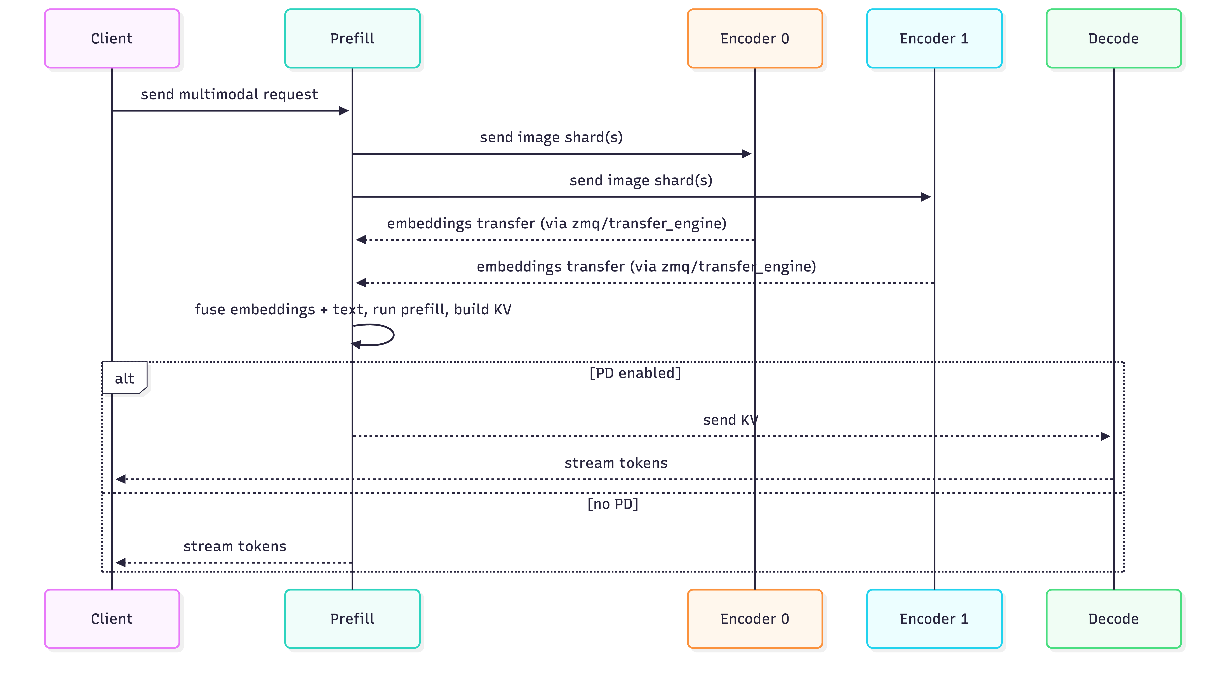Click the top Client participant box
tap(112, 39)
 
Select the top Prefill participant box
tap(352, 39)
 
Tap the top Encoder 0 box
tap(755, 39)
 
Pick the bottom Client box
tap(112, 619)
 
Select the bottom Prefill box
tap(352, 619)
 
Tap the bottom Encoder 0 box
tap(755, 619)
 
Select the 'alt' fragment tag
tap(124, 378)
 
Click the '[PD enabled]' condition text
tap(635, 373)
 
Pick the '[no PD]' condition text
tap(613, 504)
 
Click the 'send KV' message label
tap(730, 420)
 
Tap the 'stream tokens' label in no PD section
tap(235, 546)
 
